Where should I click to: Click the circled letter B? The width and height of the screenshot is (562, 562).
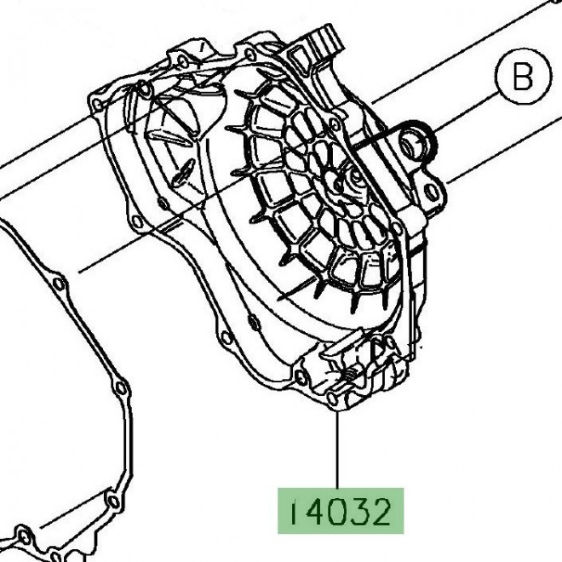pos(522,78)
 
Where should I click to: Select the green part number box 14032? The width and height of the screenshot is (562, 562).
pos(339,511)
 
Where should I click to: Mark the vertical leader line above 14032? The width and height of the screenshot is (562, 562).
pos(338,451)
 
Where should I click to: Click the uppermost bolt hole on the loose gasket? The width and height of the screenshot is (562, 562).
pos(57,282)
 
